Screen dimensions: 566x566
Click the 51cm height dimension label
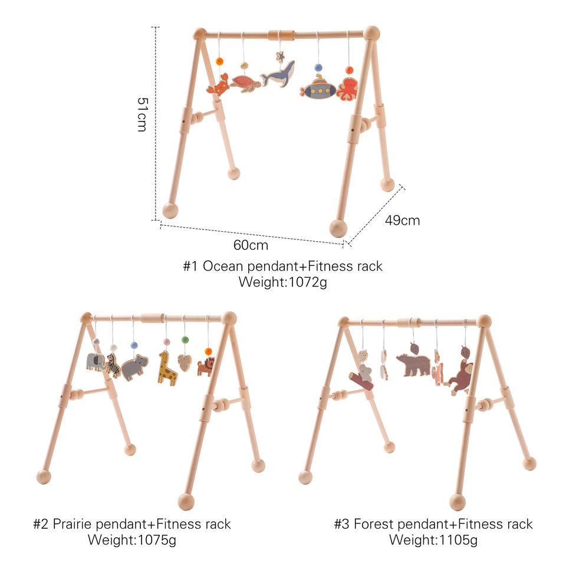pyautogui.click(x=141, y=114)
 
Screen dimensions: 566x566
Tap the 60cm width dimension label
pyautogui.click(x=251, y=245)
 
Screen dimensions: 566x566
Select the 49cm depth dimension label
pyautogui.click(x=402, y=221)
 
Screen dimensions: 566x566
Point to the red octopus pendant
pyautogui.click(x=347, y=89)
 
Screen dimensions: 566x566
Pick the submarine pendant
pyautogui.click(x=318, y=88)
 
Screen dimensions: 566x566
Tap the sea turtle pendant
pyautogui.click(x=246, y=83)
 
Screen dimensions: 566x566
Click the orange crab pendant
pyautogui.click(x=218, y=86)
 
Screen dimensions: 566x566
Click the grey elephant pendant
pyautogui.click(x=96, y=361)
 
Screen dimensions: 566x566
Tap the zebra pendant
pyautogui.click(x=113, y=366)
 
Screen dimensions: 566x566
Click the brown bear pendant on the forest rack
pyautogui.click(x=413, y=364)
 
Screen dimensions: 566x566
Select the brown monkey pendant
pyautogui.click(x=459, y=377)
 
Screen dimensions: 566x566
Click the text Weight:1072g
pyautogui.click(x=282, y=282)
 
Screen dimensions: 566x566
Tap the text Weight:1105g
pyautogui.click(x=433, y=539)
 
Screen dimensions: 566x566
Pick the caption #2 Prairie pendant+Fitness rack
pyautogui.click(x=131, y=524)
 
